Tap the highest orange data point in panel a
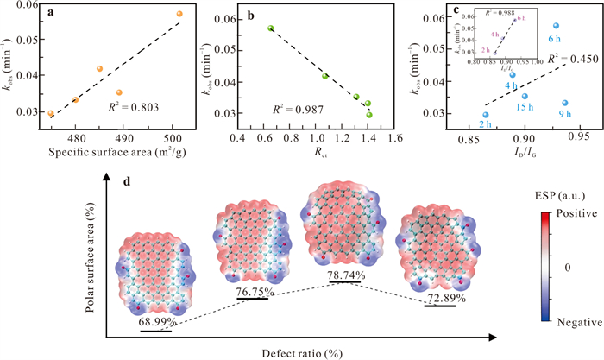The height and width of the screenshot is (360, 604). click(x=179, y=14)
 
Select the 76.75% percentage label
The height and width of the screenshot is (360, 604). click(x=252, y=291)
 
